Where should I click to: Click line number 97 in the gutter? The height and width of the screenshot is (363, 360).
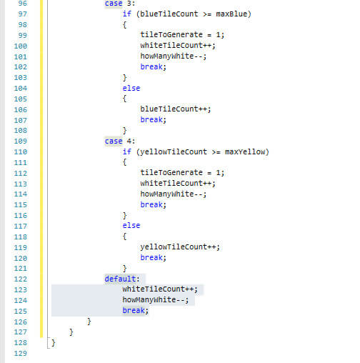pyautogui.click(x=23, y=14)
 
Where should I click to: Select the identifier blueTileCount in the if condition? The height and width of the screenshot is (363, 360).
pyautogui.click(x=169, y=14)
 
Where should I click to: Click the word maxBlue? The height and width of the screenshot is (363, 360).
pyautogui.click(x=231, y=14)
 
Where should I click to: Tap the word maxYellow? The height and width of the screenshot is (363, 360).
pyautogui.click(x=245, y=151)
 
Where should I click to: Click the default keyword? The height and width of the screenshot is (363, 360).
pyautogui.click(x=120, y=279)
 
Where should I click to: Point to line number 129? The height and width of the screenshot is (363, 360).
pyautogui.click(x=21, y=353)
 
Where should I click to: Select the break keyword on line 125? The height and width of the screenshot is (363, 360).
pyautogui.click(x=134, y=310)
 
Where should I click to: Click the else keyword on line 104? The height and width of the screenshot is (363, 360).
pyautogui.click(x=131, y=88)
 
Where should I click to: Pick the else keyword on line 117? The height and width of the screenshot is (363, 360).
pyautogui.click(x=131, y=225)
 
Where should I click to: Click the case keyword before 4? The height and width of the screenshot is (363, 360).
pyautogui.click(x=114, y=141)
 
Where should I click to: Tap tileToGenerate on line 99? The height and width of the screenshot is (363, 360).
pyautogui.click(x=171, y=34)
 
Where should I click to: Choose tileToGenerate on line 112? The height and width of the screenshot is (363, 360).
pyautogui.click(x=171, y=172)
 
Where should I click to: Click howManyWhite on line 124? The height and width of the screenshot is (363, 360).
pyautogui.click(x=149, y=299)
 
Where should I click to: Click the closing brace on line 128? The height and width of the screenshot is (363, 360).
pyautogui.click(x=54, y=343)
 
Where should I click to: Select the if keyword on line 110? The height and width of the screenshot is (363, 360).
pyautogui.click(x=127, y=151)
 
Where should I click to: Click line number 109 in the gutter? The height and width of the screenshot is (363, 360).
pyautogui.click(x=21, y=141)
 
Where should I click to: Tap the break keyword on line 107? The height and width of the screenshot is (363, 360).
pyautogui.click(x=151, y=119)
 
